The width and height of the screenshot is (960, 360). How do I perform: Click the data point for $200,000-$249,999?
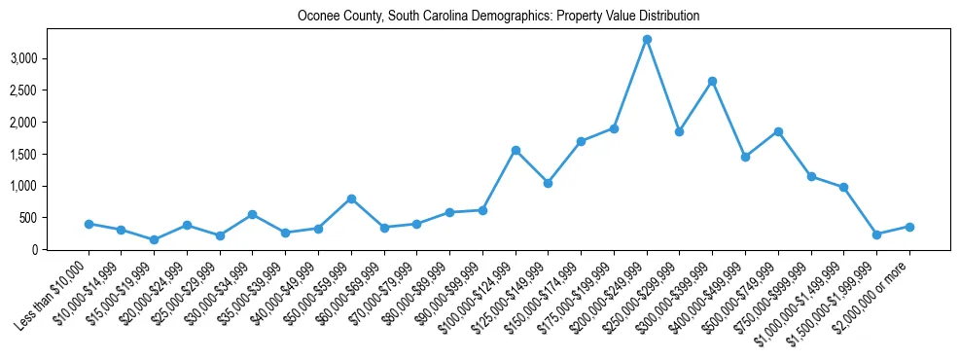coord(647,40)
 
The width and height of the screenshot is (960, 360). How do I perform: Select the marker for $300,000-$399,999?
coord(712,82)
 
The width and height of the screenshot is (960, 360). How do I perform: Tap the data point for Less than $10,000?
coord(89,224)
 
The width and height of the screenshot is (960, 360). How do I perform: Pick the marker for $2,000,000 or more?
coord(909,227)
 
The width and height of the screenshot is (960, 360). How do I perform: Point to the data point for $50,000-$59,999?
coord(351,198)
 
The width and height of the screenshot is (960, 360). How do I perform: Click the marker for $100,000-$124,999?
coord(516,151)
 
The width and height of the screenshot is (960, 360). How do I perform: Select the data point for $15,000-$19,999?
coord(154,240)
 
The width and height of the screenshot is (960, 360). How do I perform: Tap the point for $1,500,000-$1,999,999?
coord(876,234)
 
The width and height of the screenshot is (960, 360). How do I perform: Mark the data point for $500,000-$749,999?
coord(778,132)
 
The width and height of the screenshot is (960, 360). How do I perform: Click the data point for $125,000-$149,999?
coord(549,183)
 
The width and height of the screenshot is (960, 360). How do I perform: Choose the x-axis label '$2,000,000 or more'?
coord(874,295)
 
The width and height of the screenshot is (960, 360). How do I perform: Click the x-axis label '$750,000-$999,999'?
coord(776,295)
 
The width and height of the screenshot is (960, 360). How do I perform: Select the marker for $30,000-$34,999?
coord(252,214)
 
